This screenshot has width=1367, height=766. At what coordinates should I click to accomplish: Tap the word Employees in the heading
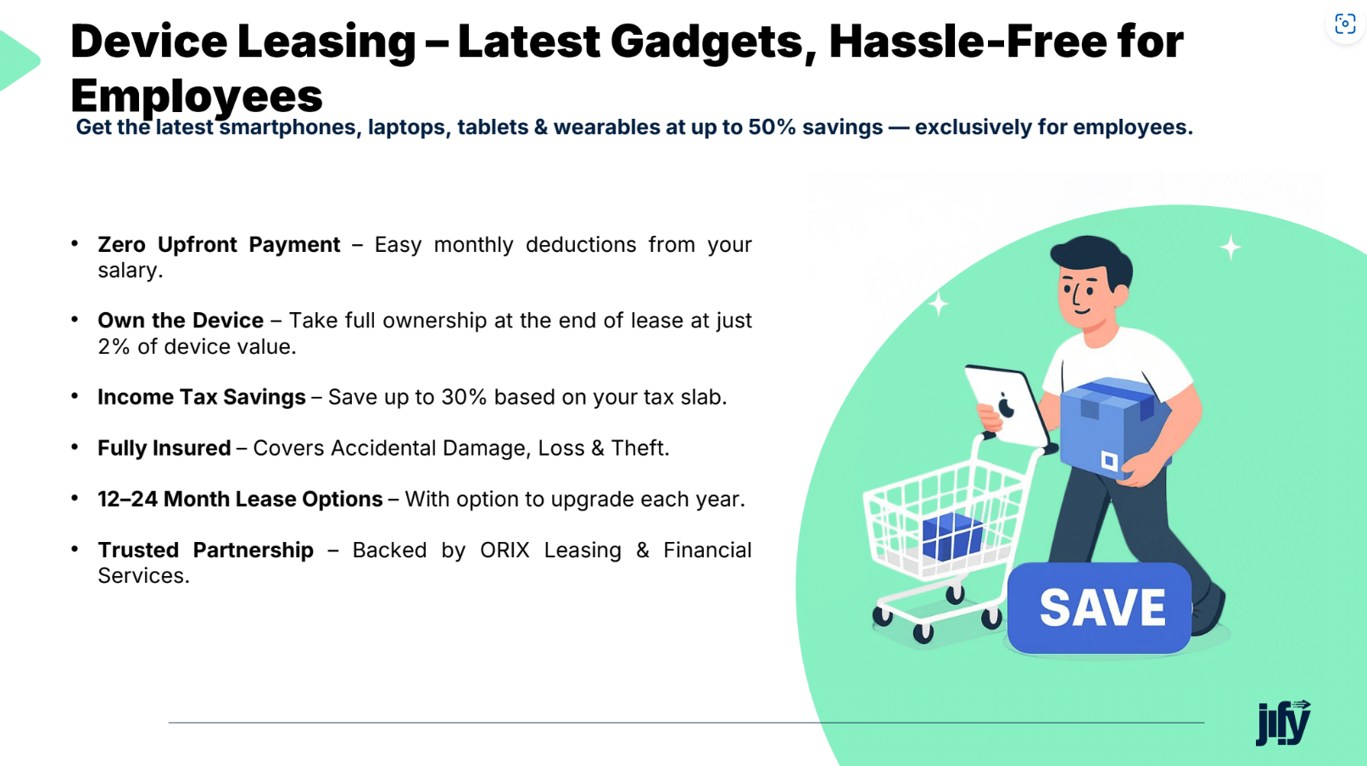coord(197,97)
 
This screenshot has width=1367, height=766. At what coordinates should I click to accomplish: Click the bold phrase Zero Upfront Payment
coord(219,244)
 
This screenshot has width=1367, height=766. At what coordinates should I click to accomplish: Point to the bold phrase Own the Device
coord(181,320)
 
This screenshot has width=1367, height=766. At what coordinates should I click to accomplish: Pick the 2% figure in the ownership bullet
coord(114,346)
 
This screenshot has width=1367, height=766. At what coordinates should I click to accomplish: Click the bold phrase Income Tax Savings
coord(201,397)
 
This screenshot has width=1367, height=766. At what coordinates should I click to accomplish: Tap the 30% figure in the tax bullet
coord(464,397)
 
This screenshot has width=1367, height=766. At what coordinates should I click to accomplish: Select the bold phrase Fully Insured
coord(165,448)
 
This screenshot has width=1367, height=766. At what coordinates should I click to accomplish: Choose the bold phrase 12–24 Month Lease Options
coord(240,499)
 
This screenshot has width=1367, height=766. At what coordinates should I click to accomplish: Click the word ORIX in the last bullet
coord(505,550)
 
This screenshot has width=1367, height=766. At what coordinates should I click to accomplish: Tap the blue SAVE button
coord(1099,608)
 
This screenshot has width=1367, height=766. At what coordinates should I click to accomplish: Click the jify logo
coord(1283,724)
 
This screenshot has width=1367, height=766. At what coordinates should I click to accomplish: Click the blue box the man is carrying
coord(1114,428)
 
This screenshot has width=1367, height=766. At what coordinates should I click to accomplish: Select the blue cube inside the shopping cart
coord(952,536)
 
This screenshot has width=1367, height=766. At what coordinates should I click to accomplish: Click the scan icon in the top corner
coord(1345,24)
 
